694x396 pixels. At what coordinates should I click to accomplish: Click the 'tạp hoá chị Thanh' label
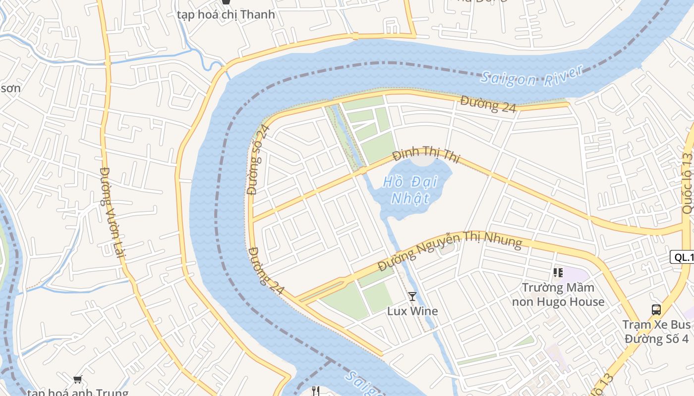(x=226, y=14)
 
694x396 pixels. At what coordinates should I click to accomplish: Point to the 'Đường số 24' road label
(x=258, y=159)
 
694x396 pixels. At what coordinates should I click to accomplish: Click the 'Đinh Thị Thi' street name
(x=426, y=156)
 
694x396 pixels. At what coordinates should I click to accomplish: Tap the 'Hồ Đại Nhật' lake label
(x=410, y=190)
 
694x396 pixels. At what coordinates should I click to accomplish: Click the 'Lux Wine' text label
(x=412, y=311)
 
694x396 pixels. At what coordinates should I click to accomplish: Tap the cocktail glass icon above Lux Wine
(x=412, y=297)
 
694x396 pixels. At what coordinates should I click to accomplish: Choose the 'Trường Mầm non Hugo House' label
(x=558, y=295)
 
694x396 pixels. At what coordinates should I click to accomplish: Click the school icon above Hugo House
(x=558, y=273)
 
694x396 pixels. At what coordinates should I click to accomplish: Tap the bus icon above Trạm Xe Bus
(x=656, y=310)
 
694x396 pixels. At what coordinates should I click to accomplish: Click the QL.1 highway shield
(x=682, y=257)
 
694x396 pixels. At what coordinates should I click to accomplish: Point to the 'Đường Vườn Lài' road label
(x=113, y=212)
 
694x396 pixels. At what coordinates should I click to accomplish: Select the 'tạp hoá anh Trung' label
(x=77, y=393)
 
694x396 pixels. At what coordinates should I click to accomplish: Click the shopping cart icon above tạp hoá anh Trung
(x=77, y=380)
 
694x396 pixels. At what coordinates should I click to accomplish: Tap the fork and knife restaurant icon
(x=315, y=391)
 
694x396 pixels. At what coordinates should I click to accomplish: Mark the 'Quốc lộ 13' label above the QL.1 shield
(x=687, y=183)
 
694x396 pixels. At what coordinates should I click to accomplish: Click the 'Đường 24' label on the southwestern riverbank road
(x=266, y=271)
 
